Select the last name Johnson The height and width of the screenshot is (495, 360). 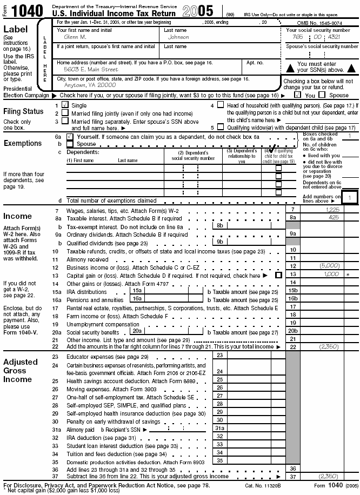tap(178, 37)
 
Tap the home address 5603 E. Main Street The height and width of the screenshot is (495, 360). tap(83, 69)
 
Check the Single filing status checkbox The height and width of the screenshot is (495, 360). tap(65, 105)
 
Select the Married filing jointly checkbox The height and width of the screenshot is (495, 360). tap(65, 113)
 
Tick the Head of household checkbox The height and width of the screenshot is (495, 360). tap(220, 105)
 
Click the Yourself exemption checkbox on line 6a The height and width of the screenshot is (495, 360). tap(69, 137)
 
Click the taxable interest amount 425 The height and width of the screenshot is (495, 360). tap(333, 217)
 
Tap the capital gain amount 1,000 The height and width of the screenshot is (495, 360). tap(331, 274)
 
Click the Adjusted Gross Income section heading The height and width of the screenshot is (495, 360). tap(21, 370)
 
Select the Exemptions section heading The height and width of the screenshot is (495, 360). tap(23, 143)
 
